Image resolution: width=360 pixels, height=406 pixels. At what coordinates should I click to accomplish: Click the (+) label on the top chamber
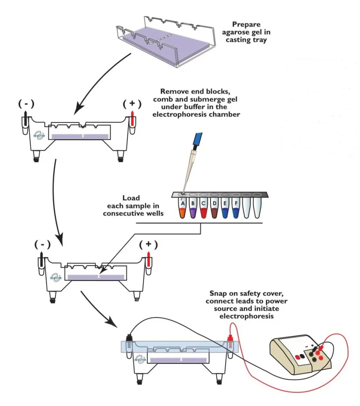(132, 104)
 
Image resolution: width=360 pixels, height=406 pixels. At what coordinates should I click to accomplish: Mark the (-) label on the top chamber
(26, 104)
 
